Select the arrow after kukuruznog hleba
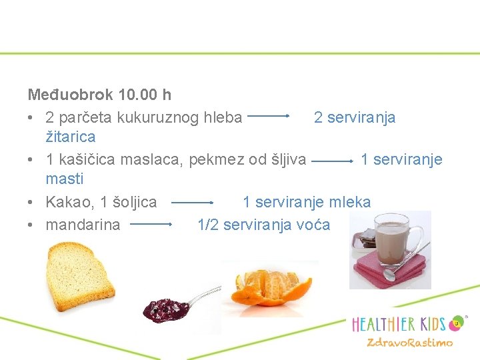268,116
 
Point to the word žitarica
70,137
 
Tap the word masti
64,179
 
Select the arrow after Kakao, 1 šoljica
191,202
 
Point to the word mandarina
83,225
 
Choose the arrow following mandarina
151,225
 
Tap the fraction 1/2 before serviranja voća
208,225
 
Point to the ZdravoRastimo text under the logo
409,343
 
